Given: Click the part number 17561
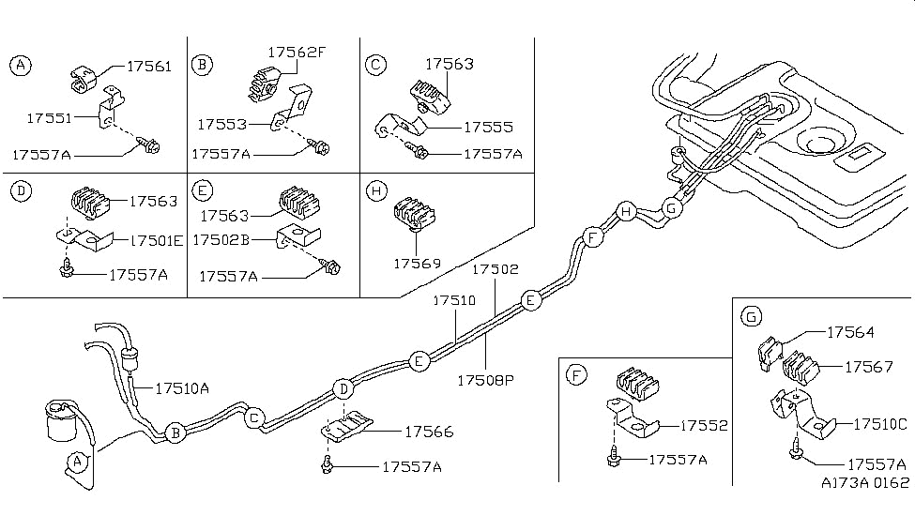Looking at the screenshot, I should pyautogui.click(x=148, y=67).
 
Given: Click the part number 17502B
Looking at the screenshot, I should pyautogui.click(x=221, y=240).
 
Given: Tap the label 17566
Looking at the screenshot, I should pyautogui.click(x=429, y=432).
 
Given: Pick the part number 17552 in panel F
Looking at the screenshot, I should pyautogui.click(x=702, y=425).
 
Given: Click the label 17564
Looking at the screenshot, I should pyautogui.click(x=850, y=331).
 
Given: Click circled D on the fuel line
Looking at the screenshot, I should pyautogui.click(x=344, y=388).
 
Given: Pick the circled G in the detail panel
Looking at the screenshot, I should pyautogui.click(x=752, y=318).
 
